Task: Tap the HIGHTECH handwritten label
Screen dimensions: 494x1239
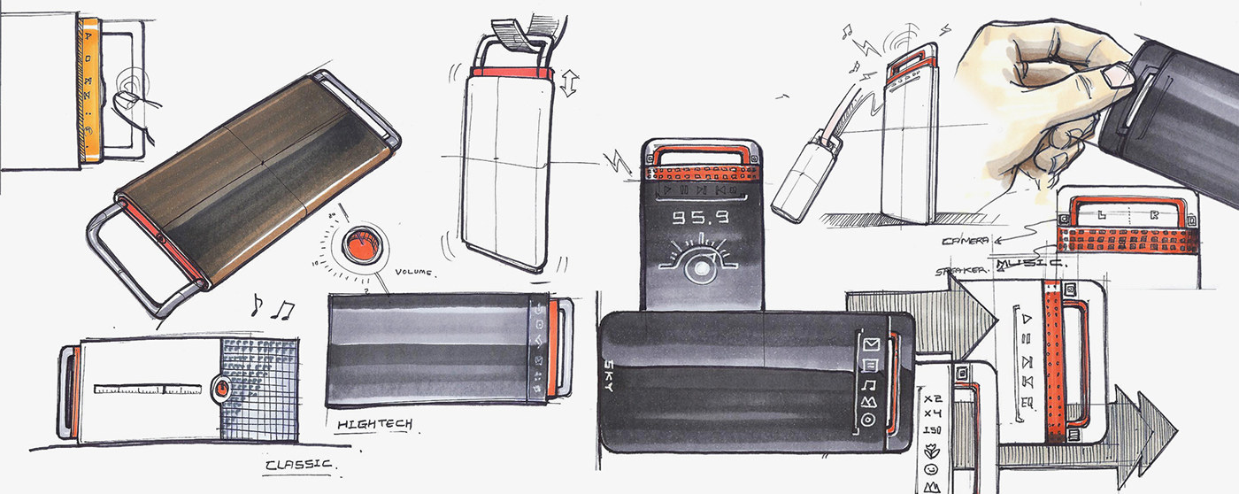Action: pos(374,426)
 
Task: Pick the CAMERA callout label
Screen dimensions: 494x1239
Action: pos(964,241)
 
